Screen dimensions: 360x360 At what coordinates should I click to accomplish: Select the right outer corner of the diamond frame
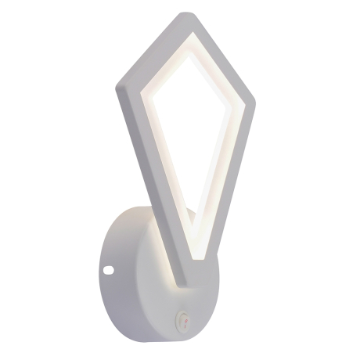pos(257,102)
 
